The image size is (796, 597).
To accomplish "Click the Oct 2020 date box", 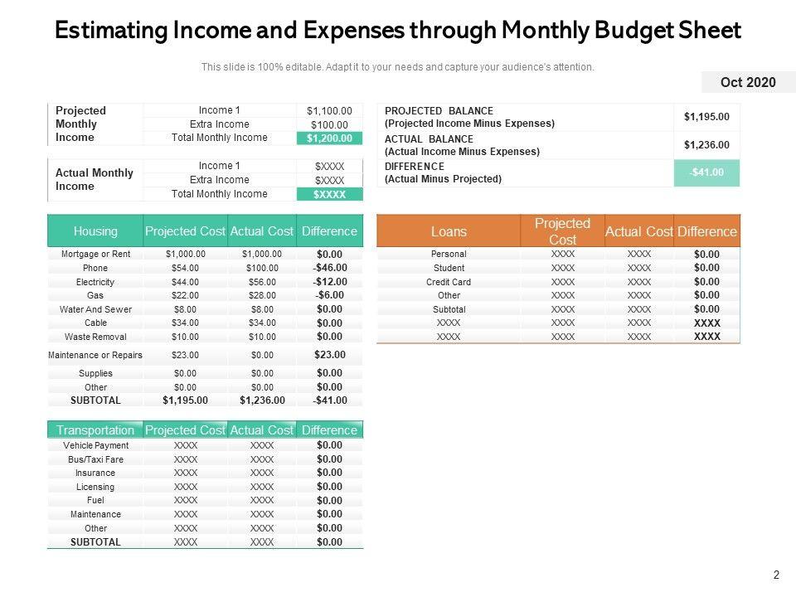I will [748, 82].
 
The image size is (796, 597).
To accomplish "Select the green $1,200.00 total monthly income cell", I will [329, 138].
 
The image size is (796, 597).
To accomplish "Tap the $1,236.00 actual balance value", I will [706, 145].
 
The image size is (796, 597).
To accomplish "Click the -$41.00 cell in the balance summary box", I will [706, 172].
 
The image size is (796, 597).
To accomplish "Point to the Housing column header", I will [95, 231].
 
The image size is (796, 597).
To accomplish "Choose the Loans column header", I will [449, 231].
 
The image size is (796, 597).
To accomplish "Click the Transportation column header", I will [95, 430].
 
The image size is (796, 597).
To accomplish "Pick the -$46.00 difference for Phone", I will [329, 268].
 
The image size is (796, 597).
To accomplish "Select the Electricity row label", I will [95, 282].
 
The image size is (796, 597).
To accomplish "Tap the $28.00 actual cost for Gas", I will [262, 296].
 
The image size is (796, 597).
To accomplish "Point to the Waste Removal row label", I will [95, 337].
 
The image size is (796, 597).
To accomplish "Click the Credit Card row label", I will [449, 282].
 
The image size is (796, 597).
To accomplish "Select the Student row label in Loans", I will [449, 268].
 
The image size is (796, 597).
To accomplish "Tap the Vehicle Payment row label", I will [95, 445].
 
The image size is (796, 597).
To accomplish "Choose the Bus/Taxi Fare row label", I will [95, 459].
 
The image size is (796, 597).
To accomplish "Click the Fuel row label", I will [95, 501].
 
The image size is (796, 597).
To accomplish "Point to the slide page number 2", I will [777, 575].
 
